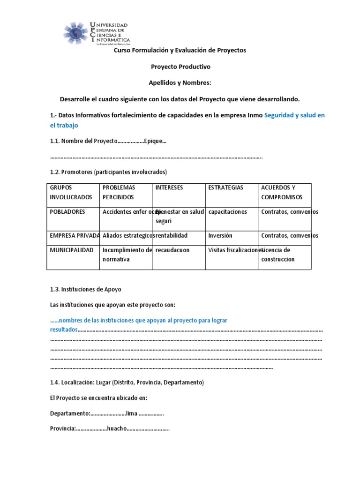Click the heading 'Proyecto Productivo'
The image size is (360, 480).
(x=180, y=67)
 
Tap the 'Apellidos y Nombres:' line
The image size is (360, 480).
(x=180, y=83)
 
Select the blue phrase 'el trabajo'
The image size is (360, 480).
(x=64, y=125)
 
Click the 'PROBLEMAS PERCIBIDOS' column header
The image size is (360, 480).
(x=119, y=192)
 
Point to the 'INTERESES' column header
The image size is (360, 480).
(x=169, y=187)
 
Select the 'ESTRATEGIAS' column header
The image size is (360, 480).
(x=226, y=187)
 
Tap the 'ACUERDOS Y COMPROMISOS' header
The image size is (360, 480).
(x=282, y=192)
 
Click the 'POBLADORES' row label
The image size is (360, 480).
(x=67, y=212)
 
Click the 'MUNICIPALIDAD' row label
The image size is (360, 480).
(x=72, y=250)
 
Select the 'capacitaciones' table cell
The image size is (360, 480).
(x=227, y=212)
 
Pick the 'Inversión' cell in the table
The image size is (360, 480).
(x=220, y=235)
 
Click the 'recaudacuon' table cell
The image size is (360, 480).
(x=173, y=250)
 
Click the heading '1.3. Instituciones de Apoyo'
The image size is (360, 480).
(x=85, y=289)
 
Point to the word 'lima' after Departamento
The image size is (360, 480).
(x=132, y=414)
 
